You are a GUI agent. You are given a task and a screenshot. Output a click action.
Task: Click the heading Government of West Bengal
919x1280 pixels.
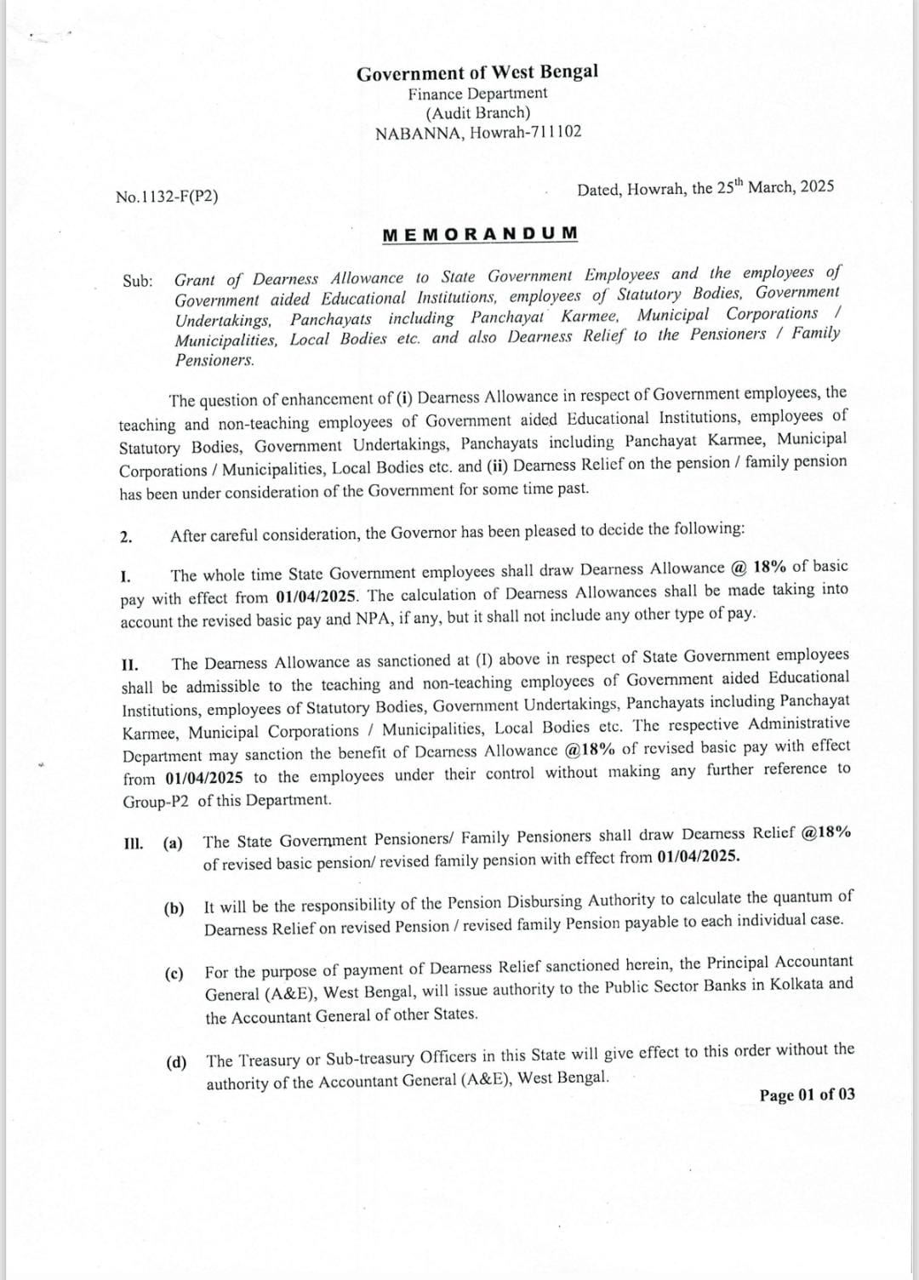[477, 72]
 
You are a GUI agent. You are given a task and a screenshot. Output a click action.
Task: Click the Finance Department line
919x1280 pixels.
[477, 94]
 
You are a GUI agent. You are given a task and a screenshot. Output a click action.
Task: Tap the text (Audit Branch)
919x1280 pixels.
[477, 112]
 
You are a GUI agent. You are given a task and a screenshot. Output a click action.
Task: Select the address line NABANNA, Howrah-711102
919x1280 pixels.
[478, 133]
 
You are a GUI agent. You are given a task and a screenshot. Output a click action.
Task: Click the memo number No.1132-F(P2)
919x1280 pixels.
[167, 197]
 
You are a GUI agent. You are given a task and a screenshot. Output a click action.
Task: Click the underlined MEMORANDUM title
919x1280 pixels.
[480, 234]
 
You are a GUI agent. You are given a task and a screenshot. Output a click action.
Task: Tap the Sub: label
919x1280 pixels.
[137, 281]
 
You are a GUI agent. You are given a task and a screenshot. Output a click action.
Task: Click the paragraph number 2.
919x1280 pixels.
[126, 537]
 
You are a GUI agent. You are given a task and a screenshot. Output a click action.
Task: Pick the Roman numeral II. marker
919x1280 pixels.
[129, 665]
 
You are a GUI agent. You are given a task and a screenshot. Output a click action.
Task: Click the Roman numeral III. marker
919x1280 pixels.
[133, 843]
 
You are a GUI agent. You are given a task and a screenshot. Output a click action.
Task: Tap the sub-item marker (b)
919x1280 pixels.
[174, 908]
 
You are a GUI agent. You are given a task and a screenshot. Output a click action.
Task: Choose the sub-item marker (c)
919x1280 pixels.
[174, 974]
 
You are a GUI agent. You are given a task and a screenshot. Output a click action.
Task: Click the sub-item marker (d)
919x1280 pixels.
[176, 1062]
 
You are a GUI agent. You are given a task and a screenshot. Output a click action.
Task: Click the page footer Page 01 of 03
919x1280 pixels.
[807, 1095]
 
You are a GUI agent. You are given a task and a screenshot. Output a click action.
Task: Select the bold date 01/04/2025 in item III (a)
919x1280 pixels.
[697, 857]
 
